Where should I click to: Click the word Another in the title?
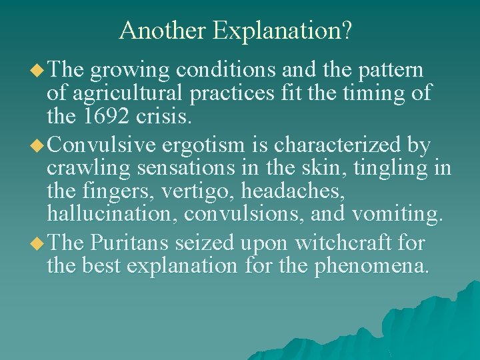point(163,30)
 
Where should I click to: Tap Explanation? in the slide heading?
point(283,31)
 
